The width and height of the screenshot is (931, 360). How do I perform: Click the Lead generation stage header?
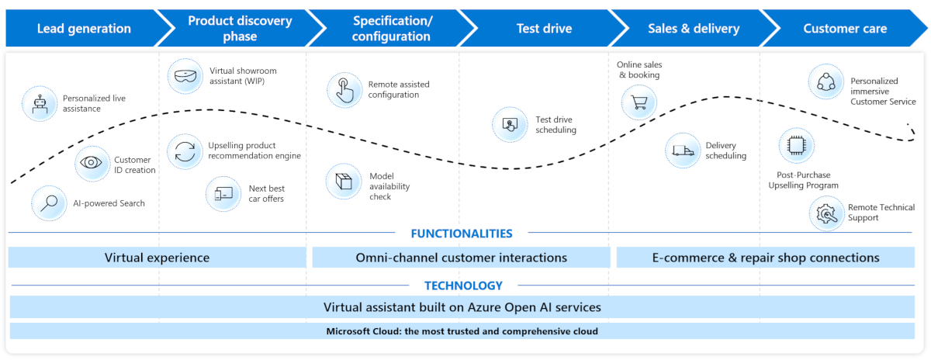tap(84, 29)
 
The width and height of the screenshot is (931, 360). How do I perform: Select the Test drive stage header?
tap(544, 29)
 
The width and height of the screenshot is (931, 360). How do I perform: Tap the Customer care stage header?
tap(844, 29)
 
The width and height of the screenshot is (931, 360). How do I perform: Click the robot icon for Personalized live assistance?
tap(40, 103)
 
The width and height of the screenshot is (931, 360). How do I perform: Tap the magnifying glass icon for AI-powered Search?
tap(50, 203)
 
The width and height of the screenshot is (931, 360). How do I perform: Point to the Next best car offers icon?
tap(223, 193)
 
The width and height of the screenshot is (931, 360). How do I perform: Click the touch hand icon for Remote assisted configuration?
tap(344, 90)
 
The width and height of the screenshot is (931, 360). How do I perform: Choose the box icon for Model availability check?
tap(343, 182)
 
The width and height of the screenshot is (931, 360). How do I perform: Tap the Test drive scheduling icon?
tap(510, 125)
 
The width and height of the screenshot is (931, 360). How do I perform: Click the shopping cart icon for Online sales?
tap(639, 102)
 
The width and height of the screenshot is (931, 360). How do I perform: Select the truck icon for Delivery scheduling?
tap(683, 151)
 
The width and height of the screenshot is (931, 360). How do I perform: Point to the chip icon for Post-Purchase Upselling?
tap(796, 146)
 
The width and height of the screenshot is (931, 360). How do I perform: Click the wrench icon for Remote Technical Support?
tap(826, 213)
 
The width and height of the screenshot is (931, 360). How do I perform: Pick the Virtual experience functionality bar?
tap(157, 258)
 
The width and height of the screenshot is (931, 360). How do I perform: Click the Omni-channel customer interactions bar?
tap(461, 258)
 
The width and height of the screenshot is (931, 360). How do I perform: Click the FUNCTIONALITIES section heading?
tap(461, 234)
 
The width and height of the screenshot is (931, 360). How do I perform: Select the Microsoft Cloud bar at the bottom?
tap(462, 331)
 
